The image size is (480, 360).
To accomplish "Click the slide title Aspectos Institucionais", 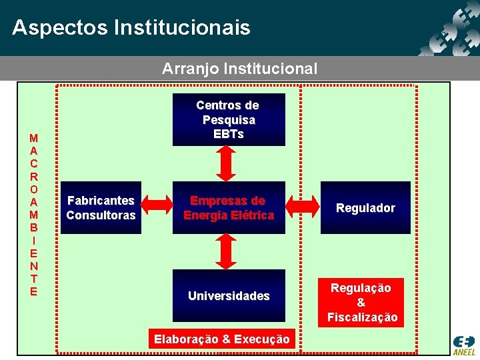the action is tap(131, 28).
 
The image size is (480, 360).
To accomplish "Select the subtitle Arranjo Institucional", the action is tap(240, 69).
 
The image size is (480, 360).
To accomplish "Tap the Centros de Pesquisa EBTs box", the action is tap(229, 119).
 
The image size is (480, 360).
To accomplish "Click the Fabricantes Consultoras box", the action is tap(101, 208).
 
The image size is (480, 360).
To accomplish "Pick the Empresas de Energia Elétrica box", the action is tap(229, 208).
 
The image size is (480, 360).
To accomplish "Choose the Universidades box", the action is tap(229, 295).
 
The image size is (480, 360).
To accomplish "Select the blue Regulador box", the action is tap(365, 208).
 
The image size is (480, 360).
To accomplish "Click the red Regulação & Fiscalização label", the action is tap(361, 302).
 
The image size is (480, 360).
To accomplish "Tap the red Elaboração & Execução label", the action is tap(222, 339).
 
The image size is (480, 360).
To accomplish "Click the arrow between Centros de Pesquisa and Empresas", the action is tap(227, 164).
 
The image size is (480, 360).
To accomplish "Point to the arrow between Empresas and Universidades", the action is tap(227, 252).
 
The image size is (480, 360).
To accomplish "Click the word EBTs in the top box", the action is tap(229, 134).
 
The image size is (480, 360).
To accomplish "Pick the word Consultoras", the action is tap(101, 215).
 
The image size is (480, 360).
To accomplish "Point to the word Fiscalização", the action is tap(362, 317).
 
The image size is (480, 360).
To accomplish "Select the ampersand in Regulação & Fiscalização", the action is tap(361, 303).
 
